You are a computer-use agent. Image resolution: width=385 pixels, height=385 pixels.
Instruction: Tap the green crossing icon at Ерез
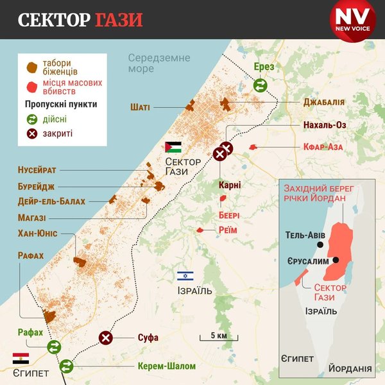click(261, 85)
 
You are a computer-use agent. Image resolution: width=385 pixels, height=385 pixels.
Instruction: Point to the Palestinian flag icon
click(173, 146)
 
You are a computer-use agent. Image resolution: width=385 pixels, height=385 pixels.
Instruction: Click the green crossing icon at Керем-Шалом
click(67, 366)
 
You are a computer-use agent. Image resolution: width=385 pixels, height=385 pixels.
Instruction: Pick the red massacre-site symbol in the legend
click(30, 86)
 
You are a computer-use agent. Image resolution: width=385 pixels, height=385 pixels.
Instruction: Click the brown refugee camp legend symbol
click(30, 66)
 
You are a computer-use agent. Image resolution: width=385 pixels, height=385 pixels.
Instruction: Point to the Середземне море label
click(158, 64)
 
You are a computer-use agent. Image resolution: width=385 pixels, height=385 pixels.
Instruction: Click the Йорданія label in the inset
click(349, 369)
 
